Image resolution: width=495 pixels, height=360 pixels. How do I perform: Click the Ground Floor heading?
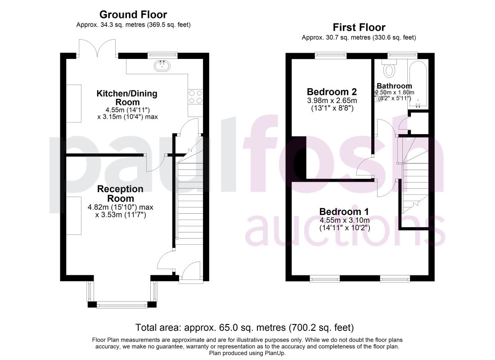tap(133, 14)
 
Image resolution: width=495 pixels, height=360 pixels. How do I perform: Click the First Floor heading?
tap(359, 27)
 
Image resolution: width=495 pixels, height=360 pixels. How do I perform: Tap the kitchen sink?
tap(162, 66)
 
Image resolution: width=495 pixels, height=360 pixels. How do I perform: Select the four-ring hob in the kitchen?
tap(195, 97)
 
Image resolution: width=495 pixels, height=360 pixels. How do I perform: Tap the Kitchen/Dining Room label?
tap(127, 98)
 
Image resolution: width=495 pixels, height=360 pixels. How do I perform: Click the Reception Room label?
tap(120, 193)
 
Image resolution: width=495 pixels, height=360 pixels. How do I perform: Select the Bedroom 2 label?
tap(332, 92)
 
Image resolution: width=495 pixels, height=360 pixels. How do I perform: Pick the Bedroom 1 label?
tap(344, 211)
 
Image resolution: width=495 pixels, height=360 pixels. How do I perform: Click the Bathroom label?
tap(394, 86)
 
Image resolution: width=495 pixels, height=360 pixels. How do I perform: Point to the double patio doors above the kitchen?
tap(97, 48)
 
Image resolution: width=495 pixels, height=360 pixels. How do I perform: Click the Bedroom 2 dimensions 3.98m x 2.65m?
tap(332, 101)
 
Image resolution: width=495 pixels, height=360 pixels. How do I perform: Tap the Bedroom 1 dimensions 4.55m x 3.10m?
tap(344, 220)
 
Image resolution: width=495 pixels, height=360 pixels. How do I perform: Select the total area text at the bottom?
tap(245, 328)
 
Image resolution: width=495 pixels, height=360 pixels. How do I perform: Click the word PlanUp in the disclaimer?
tap(274, 353)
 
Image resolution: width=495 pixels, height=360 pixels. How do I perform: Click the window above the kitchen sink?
tap(162, 55)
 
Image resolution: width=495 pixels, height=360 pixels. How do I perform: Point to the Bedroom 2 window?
tap(331, 55)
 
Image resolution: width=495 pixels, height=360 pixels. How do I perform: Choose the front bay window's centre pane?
tap(122, 305)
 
